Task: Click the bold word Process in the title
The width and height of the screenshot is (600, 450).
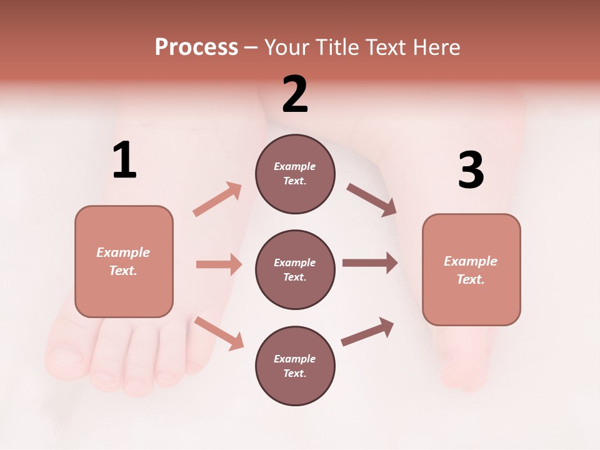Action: (x=196, y=47)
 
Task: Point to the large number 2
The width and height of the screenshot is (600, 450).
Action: (x=295, y=94)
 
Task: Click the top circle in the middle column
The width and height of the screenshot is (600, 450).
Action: (x=295, y=174)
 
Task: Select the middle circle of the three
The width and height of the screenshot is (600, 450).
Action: (x=295, y=269)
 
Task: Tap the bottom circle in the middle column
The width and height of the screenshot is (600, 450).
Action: (x=295, y=366)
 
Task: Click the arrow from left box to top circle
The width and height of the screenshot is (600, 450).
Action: (x=217, y=199)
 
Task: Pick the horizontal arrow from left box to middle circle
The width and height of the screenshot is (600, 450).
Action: (x=219, y=264)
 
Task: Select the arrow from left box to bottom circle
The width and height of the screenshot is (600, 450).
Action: (x=219, y=333)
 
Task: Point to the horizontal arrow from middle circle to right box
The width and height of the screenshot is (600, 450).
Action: (x=369, y=262)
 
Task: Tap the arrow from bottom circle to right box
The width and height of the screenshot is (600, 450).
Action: (x=367, y=332)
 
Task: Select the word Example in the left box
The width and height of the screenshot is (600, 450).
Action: (x=123, y=252)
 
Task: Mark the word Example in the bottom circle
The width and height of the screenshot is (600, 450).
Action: (x=294, y=359)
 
